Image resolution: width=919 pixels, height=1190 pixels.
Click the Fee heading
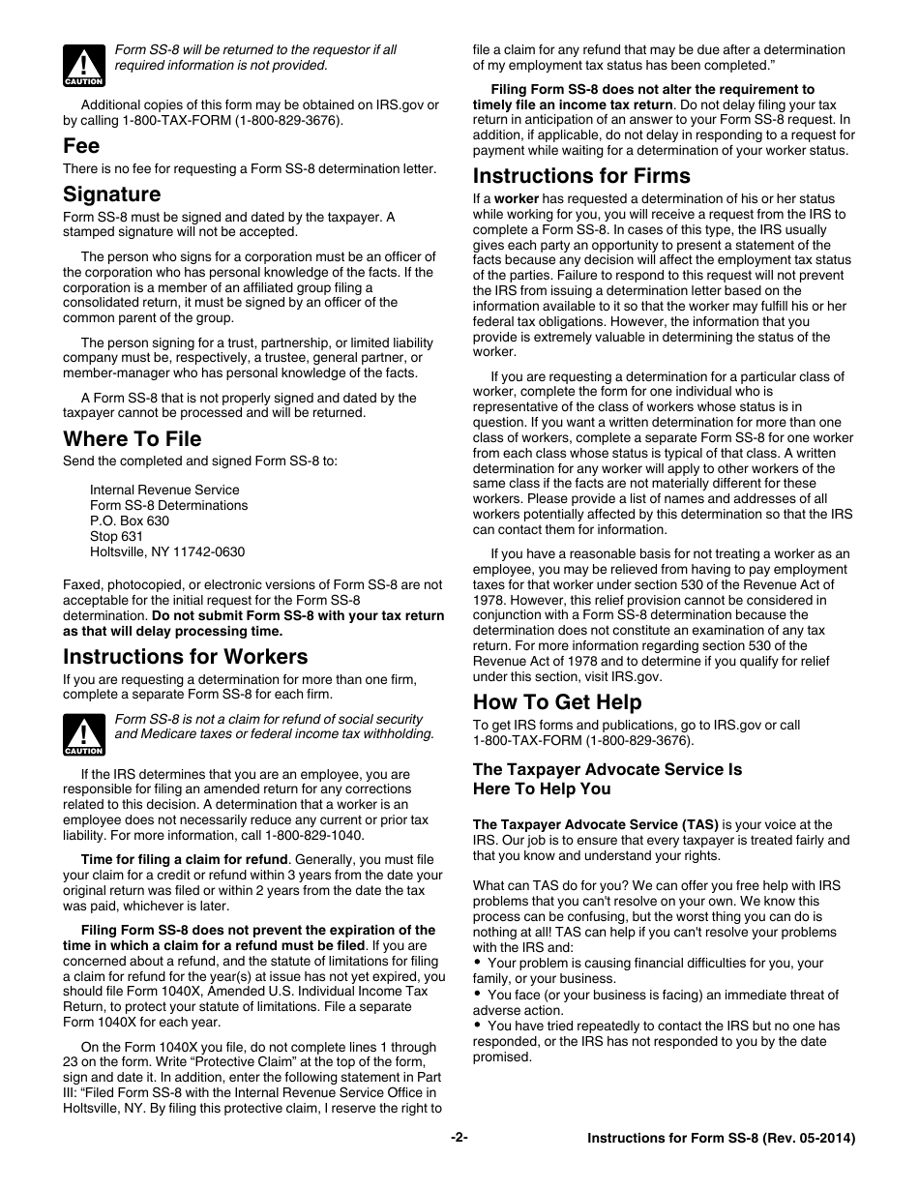81,146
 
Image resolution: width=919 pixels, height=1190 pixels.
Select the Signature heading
111,194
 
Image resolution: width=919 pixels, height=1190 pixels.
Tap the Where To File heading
132,439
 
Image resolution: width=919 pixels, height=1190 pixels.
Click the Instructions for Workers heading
185,657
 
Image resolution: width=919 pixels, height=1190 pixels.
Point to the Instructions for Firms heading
580,176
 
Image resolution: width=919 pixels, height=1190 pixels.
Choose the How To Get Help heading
556,702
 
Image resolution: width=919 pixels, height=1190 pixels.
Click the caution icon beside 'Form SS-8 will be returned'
84,65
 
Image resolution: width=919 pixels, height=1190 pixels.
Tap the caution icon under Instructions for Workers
84,734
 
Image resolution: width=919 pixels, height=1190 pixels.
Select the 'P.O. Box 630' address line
129,521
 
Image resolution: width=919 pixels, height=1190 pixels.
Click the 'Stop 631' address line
116,537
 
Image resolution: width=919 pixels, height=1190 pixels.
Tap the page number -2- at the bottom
459,1139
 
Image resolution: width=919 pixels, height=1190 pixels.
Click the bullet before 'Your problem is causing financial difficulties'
478,963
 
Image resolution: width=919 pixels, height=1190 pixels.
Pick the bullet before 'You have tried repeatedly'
478,1026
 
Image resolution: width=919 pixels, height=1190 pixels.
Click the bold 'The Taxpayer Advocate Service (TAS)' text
595,825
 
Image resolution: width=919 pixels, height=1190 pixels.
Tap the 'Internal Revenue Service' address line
164,491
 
